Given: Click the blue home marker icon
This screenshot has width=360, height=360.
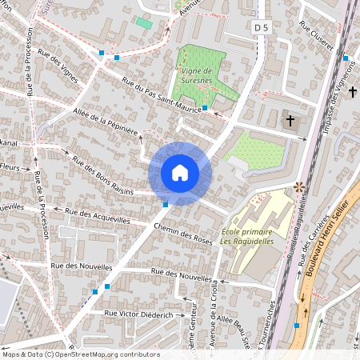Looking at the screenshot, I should [180, 173].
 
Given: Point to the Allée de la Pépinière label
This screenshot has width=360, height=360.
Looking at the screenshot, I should [106, 122].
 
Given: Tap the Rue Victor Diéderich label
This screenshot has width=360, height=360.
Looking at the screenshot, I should [139, 315].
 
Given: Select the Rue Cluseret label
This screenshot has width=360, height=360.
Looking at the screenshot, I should [315, 36].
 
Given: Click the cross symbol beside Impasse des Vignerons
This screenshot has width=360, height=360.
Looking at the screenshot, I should [353, 93].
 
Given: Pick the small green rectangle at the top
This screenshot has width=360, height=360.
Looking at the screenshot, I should [144, 22].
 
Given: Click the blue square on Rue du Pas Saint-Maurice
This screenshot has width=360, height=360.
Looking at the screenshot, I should [205, 107].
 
